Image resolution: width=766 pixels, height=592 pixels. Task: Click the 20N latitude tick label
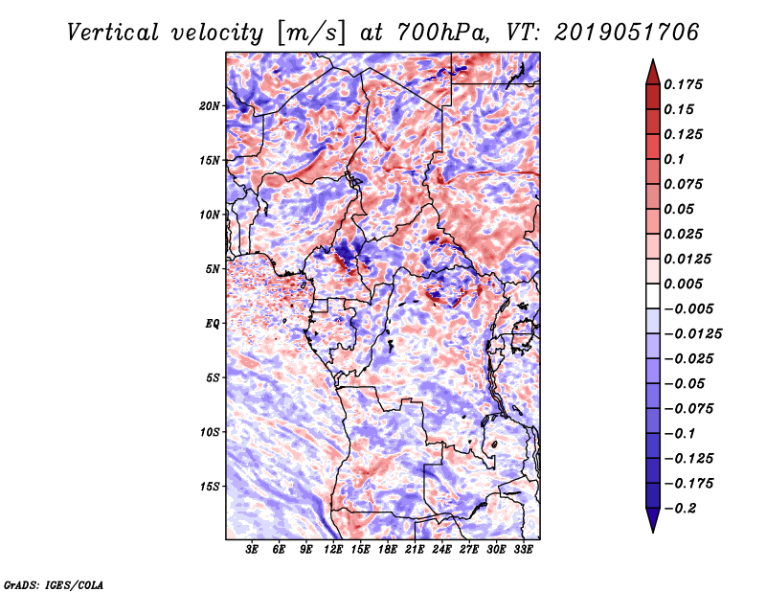[211, 105]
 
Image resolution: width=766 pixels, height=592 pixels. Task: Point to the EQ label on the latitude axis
[213, 324]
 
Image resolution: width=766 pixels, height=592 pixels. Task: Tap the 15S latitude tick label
[211, 487]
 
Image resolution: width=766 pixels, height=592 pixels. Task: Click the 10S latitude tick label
[211, 432]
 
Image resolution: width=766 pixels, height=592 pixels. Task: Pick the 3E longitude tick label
[252, 550]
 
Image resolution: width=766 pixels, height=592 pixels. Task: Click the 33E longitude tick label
[524, 550]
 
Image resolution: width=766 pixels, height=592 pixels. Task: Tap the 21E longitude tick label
[415, 550]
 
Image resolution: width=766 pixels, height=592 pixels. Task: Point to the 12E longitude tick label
[333, 550]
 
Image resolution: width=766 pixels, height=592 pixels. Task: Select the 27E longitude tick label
[469, 550]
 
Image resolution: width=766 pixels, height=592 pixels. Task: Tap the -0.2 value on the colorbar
[679, 508]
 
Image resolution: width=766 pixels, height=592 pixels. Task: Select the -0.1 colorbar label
[679, 433]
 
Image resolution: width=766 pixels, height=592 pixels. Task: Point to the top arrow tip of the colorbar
[651, 62]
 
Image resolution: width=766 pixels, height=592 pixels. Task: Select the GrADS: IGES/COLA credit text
[53, 583]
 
